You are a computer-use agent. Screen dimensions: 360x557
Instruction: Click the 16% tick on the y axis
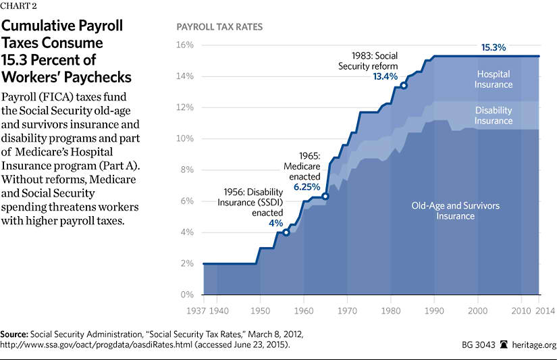(185, 45)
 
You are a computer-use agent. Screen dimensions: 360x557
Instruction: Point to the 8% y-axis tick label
(187, 170)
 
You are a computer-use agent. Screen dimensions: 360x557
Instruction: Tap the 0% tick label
(187, 295)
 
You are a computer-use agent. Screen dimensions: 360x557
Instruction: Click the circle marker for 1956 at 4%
(286, 232)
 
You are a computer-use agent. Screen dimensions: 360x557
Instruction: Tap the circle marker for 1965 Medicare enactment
(325, 197)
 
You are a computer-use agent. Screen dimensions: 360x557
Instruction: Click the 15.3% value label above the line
(494, 48)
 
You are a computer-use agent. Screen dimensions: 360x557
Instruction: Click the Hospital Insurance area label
(494, 79)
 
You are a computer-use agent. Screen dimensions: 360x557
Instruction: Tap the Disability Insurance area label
(493, 115)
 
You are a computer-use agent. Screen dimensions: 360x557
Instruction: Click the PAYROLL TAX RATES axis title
(219, 28)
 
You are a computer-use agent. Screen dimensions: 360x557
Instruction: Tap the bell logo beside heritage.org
(503, 345)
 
